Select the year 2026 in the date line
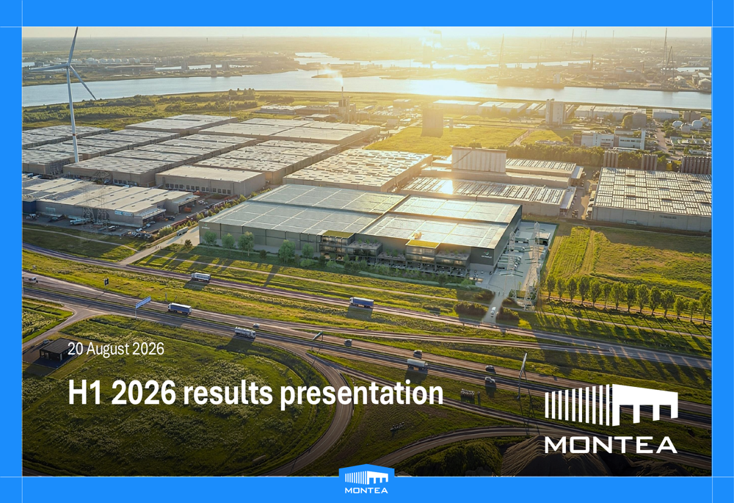click(x=148, y=349)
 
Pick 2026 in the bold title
click(x=144, y=392)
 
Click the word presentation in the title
click(x=361, y=394)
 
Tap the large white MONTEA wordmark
click(x=611, y=445)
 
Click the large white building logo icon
click(x=611, y=405)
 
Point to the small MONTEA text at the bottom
click(x=366, y=491)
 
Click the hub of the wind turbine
click(x=69, y=66)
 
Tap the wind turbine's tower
click(x=73, y=115)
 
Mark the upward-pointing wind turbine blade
click(x=73, y=46)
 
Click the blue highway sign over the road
click(x=143, y=302)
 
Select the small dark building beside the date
click(x=56, y=349)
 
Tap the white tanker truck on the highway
click(x=245, y=333)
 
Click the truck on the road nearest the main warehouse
click(x=200, y=277)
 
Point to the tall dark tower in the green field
click(x=432, y=121)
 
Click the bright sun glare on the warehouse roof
click(x=447, y=187)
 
